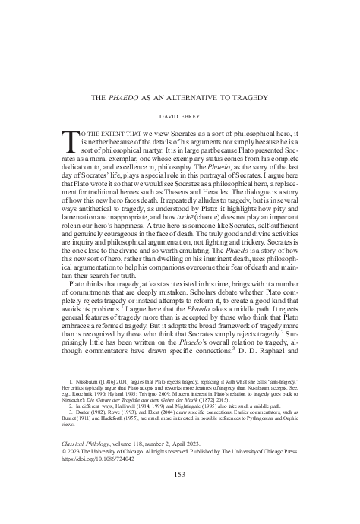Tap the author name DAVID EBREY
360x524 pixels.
pyautogui.click(x=179, y=118)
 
